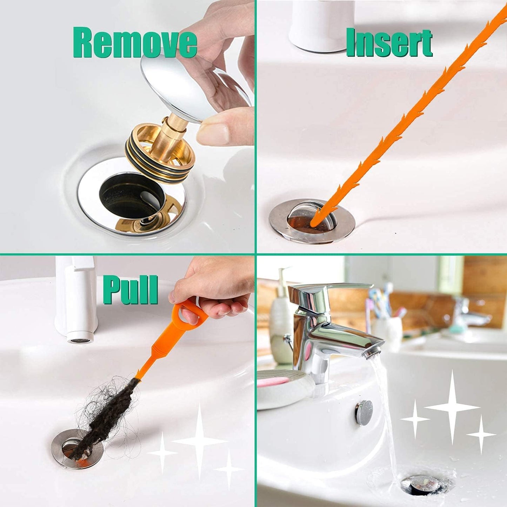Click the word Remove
pyautogui.click(x=135, y=44)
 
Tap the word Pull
pyautogui.click(x=130, y=291)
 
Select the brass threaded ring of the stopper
pyautogui.click(x=160, y=154)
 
